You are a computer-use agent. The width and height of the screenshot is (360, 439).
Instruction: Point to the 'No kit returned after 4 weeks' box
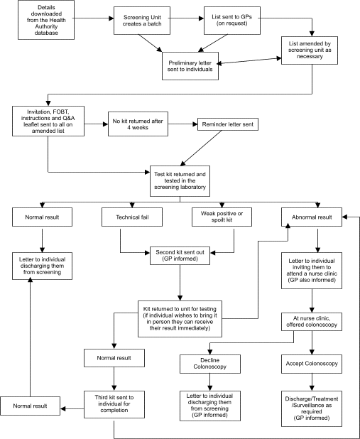(137, 123)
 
